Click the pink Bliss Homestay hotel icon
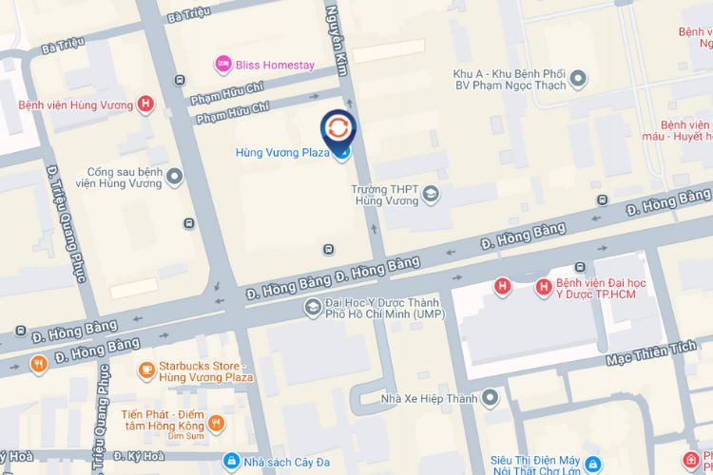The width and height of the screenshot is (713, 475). click(x=222, y=64)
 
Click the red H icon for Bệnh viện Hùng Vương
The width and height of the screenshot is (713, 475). click(x=145, y=104)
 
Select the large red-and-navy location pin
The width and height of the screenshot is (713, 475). click(x=338, y=130)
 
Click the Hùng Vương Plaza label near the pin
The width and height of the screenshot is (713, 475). click(x=282, y=152)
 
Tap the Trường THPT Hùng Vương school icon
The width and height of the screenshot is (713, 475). click(x=431, y=194)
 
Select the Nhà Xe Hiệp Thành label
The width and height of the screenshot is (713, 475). click(x=429, y=397)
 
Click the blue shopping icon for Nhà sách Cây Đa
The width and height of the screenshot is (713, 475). click(x=230, y=461)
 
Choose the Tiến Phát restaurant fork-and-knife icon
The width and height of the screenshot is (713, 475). click(x=217, y=423)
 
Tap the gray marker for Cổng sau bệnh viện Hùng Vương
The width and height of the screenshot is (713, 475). click(x=174, y=178)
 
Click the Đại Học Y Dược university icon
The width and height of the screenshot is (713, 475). click(x=311, y=307)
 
